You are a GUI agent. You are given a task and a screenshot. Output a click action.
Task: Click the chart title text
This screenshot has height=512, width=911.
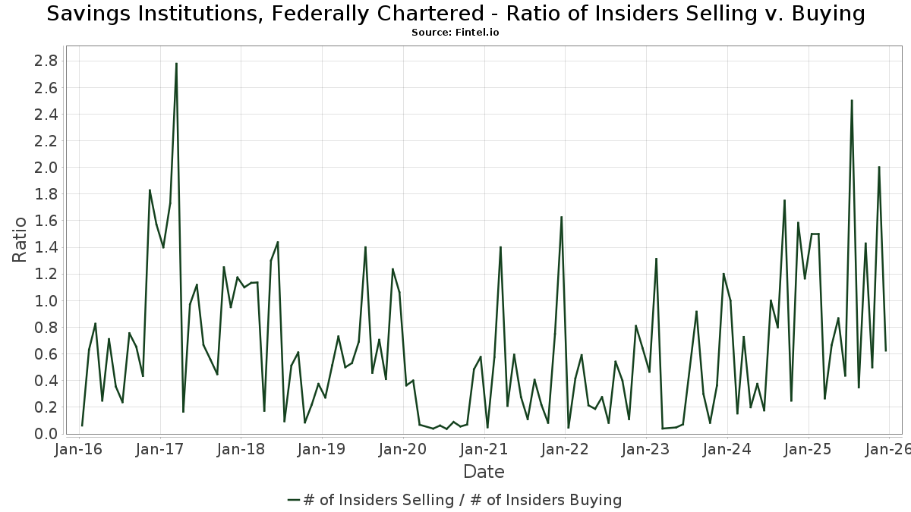(x=455, y=14)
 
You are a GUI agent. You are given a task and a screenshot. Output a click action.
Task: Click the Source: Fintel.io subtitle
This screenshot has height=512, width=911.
(x=455, y=33)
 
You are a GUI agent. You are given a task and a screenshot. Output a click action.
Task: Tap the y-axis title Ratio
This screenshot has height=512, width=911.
(x=20, y=240)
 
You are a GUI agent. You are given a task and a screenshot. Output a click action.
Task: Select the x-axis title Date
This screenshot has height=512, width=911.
(x=484, y=472)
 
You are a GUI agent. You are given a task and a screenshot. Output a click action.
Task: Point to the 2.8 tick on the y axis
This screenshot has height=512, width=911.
(x=46, y=61)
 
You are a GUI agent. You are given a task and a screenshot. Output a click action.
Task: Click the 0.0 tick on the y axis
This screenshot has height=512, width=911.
(x=46, y=434)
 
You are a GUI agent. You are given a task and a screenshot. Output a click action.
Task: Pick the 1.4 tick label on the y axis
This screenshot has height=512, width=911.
(x=46, y=247)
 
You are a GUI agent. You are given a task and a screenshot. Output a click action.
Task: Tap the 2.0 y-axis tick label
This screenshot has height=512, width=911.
(x=46, y=168)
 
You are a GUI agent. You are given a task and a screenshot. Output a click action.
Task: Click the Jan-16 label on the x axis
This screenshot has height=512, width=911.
(x=79, y=449)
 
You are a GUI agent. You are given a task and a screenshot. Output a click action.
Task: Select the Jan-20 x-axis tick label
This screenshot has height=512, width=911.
(x=403, y=449)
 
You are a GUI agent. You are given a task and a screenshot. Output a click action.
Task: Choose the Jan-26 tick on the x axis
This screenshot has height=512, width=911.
(x=889, y=449)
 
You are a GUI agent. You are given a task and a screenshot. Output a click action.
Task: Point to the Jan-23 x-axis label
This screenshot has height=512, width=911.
(x=646, y=449)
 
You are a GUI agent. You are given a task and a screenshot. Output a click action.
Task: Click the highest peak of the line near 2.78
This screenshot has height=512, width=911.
(x=176, y=64)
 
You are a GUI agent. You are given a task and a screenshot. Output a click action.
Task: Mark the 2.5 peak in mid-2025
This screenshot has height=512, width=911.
(x=852, y=100)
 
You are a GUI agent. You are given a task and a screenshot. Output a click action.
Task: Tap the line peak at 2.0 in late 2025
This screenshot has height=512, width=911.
(x=879, y=167)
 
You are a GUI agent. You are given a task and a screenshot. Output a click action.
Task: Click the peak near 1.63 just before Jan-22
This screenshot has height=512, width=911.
(x=561, y=217)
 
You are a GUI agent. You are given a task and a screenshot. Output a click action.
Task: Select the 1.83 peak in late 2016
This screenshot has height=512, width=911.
(x=150, y=190)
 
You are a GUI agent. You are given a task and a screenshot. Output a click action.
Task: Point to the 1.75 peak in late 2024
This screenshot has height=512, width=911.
(x=784, y=200)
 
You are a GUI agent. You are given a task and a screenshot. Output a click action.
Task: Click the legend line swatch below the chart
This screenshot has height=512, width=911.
(x=295, y=500)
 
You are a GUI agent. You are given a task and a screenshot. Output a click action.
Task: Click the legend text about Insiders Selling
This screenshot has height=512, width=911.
(x=462, y=500)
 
